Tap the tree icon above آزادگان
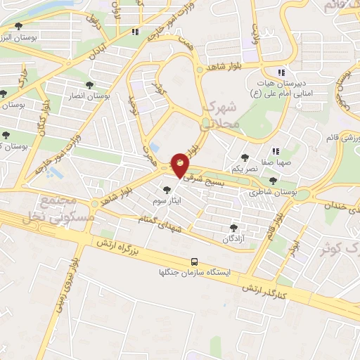click(233, 228)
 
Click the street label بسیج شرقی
click(202, 180)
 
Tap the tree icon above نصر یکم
click(245, 158)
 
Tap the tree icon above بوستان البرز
click(18, 26)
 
